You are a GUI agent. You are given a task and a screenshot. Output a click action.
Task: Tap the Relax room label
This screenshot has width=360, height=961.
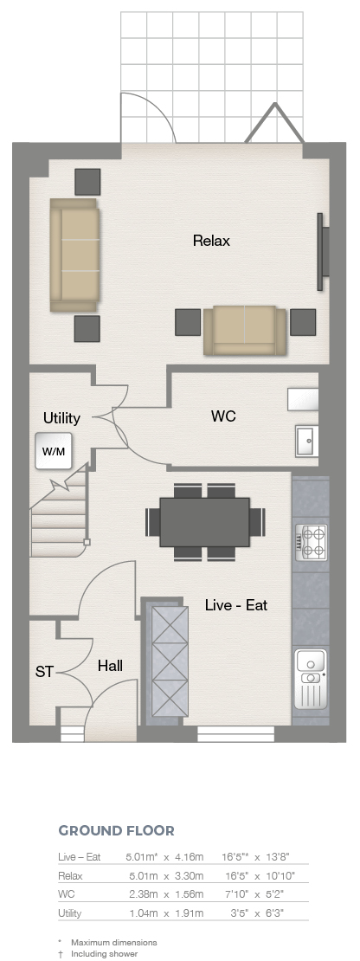pos(211,241)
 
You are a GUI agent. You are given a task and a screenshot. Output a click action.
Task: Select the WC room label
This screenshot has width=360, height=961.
pos(223,416)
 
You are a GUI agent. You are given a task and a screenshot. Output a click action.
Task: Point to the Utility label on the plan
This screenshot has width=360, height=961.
pos(61,418)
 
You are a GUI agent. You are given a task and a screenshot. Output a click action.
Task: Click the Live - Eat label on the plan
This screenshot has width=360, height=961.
pos(236,605)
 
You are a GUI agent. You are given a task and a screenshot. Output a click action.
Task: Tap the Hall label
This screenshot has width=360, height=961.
pos(110,666)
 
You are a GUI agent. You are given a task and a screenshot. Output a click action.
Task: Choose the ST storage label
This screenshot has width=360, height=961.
pos(44,673)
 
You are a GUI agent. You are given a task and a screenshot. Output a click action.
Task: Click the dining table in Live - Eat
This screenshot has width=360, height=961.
pos(205,522)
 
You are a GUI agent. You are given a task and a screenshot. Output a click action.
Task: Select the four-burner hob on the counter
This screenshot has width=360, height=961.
pos(311,542)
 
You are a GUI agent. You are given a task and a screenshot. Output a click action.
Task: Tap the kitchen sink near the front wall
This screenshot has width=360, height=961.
pos(311,679)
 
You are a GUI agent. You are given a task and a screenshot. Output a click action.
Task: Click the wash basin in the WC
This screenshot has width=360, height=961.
pos(306,441)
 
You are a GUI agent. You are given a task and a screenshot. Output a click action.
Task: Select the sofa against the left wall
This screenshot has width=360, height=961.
pos(74,255)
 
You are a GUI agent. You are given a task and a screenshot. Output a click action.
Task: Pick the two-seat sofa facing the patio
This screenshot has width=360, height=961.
pos(245,331)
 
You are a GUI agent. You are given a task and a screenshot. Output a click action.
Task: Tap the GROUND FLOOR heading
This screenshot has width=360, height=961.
pos(116,831)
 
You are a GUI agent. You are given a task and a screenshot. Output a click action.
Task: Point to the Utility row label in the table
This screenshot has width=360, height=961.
pos(70,913)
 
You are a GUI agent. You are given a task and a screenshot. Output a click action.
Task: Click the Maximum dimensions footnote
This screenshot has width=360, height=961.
pos(114,943)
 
